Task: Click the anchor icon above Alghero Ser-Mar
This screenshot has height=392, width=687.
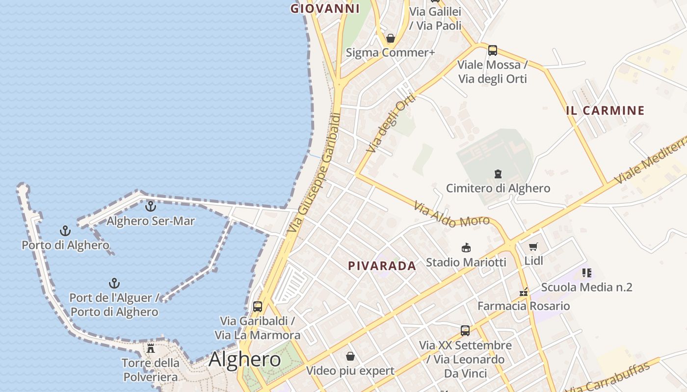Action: tap(151, 206)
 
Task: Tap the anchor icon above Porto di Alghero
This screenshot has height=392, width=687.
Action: tap(65, 230)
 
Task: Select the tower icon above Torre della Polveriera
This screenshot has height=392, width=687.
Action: tap(151, 348)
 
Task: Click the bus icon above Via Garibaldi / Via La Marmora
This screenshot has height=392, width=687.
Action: tap(258, 307)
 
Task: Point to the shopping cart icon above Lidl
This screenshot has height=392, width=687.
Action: tap(533, 246)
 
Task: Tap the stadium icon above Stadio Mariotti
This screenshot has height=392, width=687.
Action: tap(466, 248)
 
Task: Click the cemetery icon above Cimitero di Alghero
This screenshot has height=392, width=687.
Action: tap(498, 174)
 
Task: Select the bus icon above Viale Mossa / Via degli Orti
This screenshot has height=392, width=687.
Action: tap(493, 50)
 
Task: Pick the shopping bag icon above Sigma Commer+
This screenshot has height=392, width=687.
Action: tap(391, 38)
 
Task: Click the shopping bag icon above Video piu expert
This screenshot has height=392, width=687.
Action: tap(350, 356)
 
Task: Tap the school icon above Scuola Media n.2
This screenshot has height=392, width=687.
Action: tap(586, 272)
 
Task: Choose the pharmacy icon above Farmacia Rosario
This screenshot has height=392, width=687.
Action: tap(524, 292)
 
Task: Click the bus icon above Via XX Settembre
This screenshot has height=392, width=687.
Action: tap(465, 331)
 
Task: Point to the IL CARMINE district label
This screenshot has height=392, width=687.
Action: tap(605, 111)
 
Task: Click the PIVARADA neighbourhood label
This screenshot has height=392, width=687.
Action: tap(382, 266)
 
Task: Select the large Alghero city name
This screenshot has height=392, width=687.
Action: tap(244, 360)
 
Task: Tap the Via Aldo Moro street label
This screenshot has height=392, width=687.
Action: tap(451, 215)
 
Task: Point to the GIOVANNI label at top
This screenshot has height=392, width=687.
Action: tap(325, 8)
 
